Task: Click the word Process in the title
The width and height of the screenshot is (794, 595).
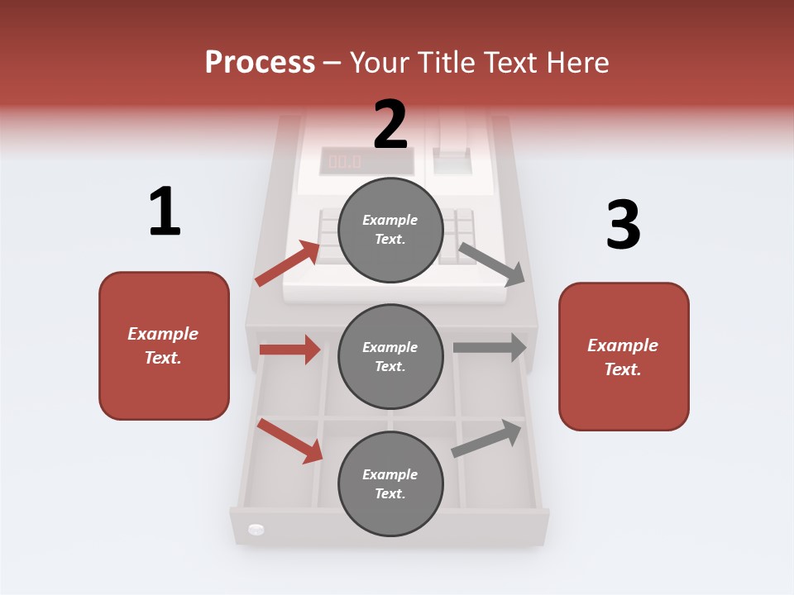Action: (x=260, y=63)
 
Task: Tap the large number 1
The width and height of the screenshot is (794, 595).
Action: (x=165, y=212)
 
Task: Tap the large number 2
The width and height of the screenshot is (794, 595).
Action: (x=390, y=125)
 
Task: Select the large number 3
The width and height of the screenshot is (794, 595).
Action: (x=623, y=226)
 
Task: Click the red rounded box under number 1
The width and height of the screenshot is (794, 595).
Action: (x=164, y=345)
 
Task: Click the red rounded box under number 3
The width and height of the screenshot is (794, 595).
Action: (x=624, y=356)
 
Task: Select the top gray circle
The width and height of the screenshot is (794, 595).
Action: (x=390, y=230)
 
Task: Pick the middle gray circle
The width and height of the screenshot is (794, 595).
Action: (x=390, y=356)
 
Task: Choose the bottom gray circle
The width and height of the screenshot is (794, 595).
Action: (x=390, y=483)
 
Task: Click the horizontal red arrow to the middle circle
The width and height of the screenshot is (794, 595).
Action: (x=289, y=350)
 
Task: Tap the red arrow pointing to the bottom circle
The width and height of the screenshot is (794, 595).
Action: (x=289, y=440)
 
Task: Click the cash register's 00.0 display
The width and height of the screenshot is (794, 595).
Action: (x=345, y=161)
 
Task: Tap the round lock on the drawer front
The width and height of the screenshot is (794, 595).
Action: (x=256, y=529)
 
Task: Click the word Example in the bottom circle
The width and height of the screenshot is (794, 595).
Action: (x=390, y=474)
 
